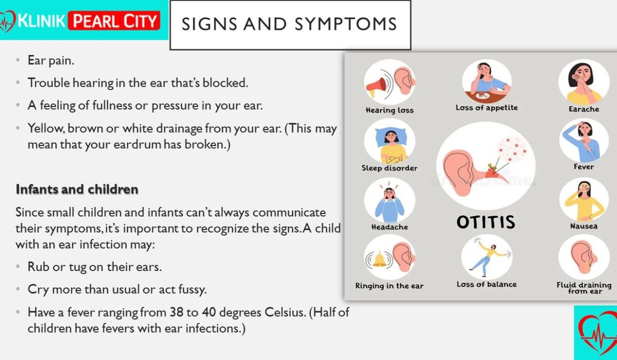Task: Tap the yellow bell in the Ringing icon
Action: pyautogui.click(x=379, y=259)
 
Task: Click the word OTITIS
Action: pyautogui.click(x=485, y=222)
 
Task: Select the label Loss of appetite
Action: pyautogui.click(x=487, y=107)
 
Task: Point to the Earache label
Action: pyautogui.click(x=584, y=109)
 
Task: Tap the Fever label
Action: pyautogui.click(x=584, y=167)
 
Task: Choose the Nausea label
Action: pyautogui.click(x=584, y=226)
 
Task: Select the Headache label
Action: pyautogui.click(x=390, y=227)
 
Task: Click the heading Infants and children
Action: pyautogui.click(x=77, y=189)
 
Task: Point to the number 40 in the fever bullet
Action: pyautogui.click(x=209, y=312)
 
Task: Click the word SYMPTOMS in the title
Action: pyautogui.click(x=346, y=24)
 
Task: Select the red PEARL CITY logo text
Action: pyautogui.click(x=114, y=21)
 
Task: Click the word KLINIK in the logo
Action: pyautogui.click(x=42, y=21)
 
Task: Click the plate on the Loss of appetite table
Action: pyautogui.click(x=483, y=96)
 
